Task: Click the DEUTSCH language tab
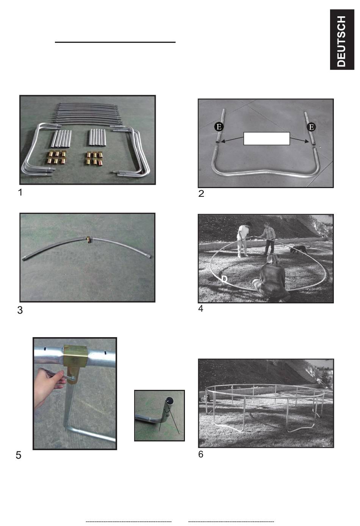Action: coord(342,39)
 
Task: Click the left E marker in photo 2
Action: coord(219,127)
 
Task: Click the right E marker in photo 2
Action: coord(311,127)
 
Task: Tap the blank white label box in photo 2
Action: coord(267,138)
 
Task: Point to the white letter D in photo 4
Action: coord(224,279)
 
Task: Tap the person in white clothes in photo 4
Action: coord(243,240)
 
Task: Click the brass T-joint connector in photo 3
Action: coord(89,240)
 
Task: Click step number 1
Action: coord(20,193)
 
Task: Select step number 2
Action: coord(201,194)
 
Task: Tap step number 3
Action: coord(20,310)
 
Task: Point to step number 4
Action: coord(200,309)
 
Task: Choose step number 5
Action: coord(19,455)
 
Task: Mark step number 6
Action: coord(200,454)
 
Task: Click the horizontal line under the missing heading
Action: coord(115,42)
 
